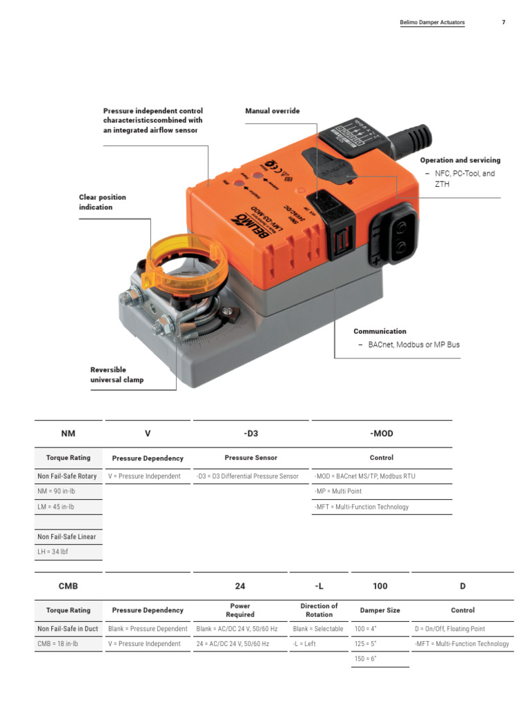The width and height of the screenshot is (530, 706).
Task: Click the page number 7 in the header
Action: [503, 22]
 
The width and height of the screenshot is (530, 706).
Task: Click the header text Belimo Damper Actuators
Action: [432, 22]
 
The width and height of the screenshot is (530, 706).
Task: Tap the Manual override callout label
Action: [273, 111]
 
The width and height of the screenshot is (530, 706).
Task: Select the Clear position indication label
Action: [102, 202]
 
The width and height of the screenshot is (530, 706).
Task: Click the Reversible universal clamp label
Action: [117, 375]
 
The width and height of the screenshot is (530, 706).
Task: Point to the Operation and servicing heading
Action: [460, 160]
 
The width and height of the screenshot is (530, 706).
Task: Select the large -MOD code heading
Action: [382, 434]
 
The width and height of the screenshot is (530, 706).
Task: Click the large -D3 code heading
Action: [251, 434]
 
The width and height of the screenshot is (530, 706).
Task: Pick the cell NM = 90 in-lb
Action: [56, 492]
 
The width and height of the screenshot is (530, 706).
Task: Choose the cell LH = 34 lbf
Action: [52, 552]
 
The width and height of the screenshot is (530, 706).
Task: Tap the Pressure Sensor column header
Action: [251, 458]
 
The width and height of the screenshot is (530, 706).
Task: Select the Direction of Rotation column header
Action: [319, 610]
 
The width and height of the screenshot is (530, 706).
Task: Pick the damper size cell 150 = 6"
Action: [366, 659]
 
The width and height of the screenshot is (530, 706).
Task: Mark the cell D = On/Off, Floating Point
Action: [450, 629]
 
